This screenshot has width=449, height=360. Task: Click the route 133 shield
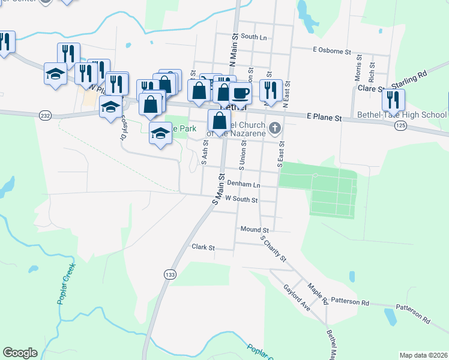[x=170, y=274]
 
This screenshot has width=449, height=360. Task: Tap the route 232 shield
[x=45, y=115]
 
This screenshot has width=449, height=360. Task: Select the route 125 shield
[x=401, y=125]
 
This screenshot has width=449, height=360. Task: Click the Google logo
[x=20, y=353]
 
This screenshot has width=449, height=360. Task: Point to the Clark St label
[x=203, y=247]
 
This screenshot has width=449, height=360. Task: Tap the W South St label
[x=241, y=200]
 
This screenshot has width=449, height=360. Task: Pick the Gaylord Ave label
[x=297, y=296]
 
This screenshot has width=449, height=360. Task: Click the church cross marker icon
[x=275, y=127]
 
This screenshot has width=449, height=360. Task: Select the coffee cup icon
[x=241, y=93]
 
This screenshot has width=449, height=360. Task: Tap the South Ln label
[x=253, y=37]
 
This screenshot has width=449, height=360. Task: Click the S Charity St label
[x=274, y=247]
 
